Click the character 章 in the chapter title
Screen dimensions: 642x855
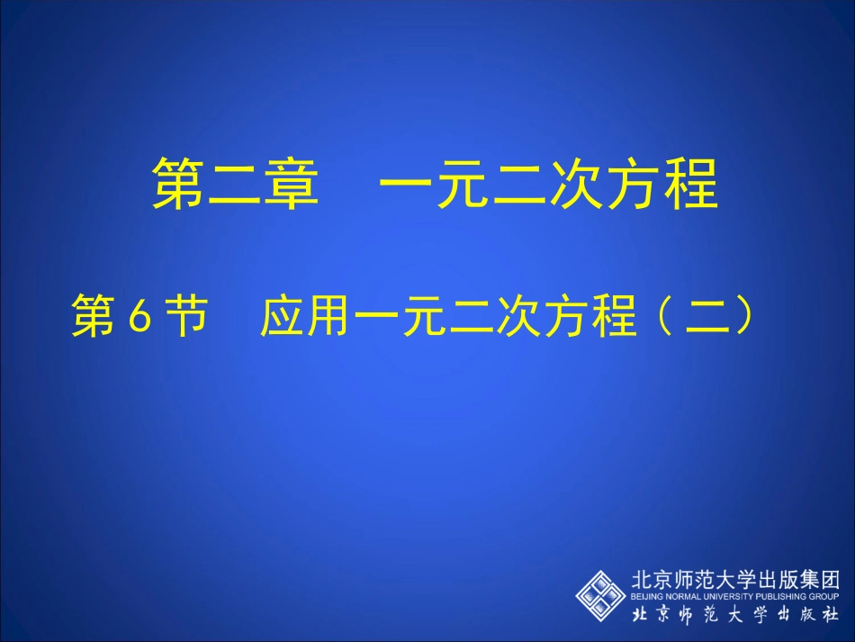290,184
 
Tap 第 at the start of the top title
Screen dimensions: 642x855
177,184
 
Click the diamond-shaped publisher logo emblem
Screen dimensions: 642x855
602,593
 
